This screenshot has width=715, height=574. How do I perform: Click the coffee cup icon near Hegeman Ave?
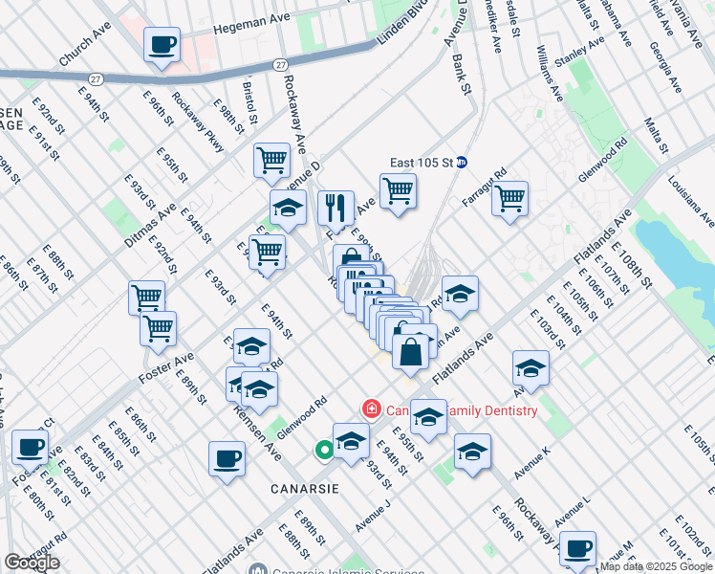point(162,44)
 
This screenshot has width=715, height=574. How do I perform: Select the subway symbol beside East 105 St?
point(461,163)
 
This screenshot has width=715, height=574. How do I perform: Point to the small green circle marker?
point(325,449)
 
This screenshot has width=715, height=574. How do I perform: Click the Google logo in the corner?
point(32,563)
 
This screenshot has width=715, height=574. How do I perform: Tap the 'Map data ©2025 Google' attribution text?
point(656,566)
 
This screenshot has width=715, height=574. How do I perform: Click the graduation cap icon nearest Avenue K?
point(472,453)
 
